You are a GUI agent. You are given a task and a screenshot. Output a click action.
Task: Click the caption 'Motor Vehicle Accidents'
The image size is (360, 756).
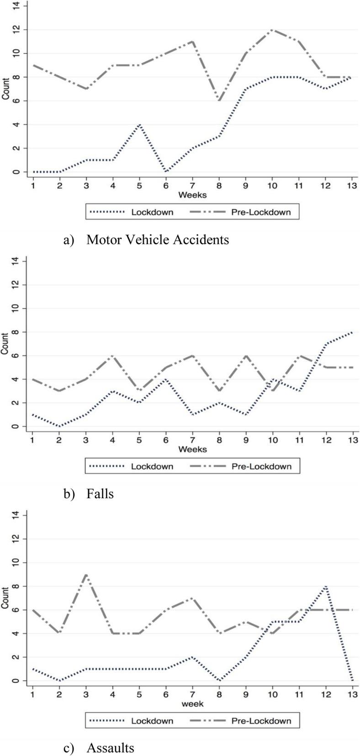(x=158, y=239)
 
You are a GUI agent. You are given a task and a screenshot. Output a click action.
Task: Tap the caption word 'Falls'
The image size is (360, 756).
(x=100, y=494)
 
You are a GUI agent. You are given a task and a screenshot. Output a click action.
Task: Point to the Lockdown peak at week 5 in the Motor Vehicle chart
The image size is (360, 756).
(x=139, y=124)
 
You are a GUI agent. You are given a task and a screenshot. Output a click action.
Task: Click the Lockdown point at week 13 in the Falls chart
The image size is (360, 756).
(x=352, y=332)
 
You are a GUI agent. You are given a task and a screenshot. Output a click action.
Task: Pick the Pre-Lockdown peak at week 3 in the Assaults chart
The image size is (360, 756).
(x=86, y=575)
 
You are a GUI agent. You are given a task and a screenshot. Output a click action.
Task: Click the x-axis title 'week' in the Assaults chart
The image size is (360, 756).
(x=192, y=704)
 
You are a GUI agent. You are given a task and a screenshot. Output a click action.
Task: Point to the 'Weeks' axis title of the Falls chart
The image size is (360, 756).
(x=192, y=449)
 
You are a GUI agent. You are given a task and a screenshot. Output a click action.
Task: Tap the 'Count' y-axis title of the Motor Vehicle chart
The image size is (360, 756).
(x=5, y=89)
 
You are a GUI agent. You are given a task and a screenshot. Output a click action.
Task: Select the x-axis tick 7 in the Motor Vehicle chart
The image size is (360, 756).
(x=192, y=185)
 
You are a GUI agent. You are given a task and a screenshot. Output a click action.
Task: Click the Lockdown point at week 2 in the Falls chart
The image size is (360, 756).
(x=59, y=426)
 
